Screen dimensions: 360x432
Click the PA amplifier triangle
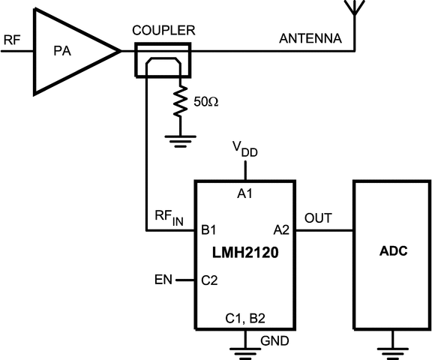[x=71, y=52]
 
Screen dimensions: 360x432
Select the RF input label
[x=11, y=40]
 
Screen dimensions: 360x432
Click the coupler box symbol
[x=162, y=60]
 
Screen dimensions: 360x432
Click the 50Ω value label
[x=207, y=100]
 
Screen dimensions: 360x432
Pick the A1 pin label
[x=245, y=193]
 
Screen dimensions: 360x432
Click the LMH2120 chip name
[x=245, y=254]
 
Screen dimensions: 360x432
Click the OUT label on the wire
[x=316, y=218]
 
